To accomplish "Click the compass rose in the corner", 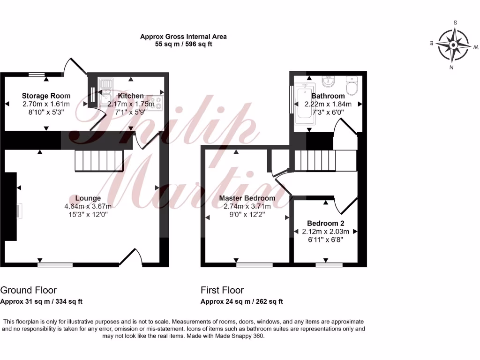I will pos(453,45).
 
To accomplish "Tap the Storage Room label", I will pos(46,96).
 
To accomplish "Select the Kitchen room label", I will pos(131,96).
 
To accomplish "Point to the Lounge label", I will pos(88,198).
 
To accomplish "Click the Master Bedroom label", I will pos(247,198).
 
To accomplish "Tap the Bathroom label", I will pos(328,96).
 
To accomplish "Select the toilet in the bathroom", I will pos(352,86).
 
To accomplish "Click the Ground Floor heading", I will pos(29,290).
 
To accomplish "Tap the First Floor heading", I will pos(222,290).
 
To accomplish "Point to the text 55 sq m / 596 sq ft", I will pos(183,45).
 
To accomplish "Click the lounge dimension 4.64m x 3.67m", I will pos(88,206).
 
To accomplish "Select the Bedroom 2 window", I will pos(329,265).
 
